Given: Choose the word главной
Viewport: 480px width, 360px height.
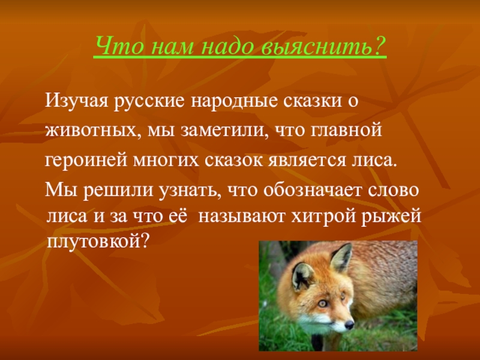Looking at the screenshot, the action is pyautogui.click(x=347, y=130).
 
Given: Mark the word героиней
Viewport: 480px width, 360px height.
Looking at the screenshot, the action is pyautogui.click(x=86, y=160).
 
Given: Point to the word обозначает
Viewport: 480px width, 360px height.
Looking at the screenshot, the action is pyautogui.click(x=313, y=190).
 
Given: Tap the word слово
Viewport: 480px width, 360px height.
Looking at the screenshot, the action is pyautogui.click(x=393, y=190).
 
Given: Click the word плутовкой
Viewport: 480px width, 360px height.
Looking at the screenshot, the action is pyautogui.click(x=98, y=242).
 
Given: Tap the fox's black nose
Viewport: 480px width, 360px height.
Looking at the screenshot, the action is pyautogui.click(x=349, y=325).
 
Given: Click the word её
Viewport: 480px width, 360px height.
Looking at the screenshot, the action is pyautogui.click(x=177, y=215).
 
